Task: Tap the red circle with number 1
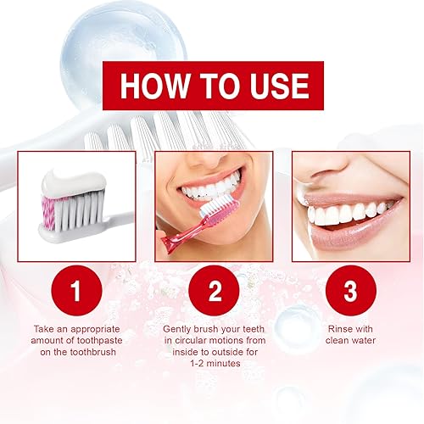pos(75,292)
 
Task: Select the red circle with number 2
pos(214,292)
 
